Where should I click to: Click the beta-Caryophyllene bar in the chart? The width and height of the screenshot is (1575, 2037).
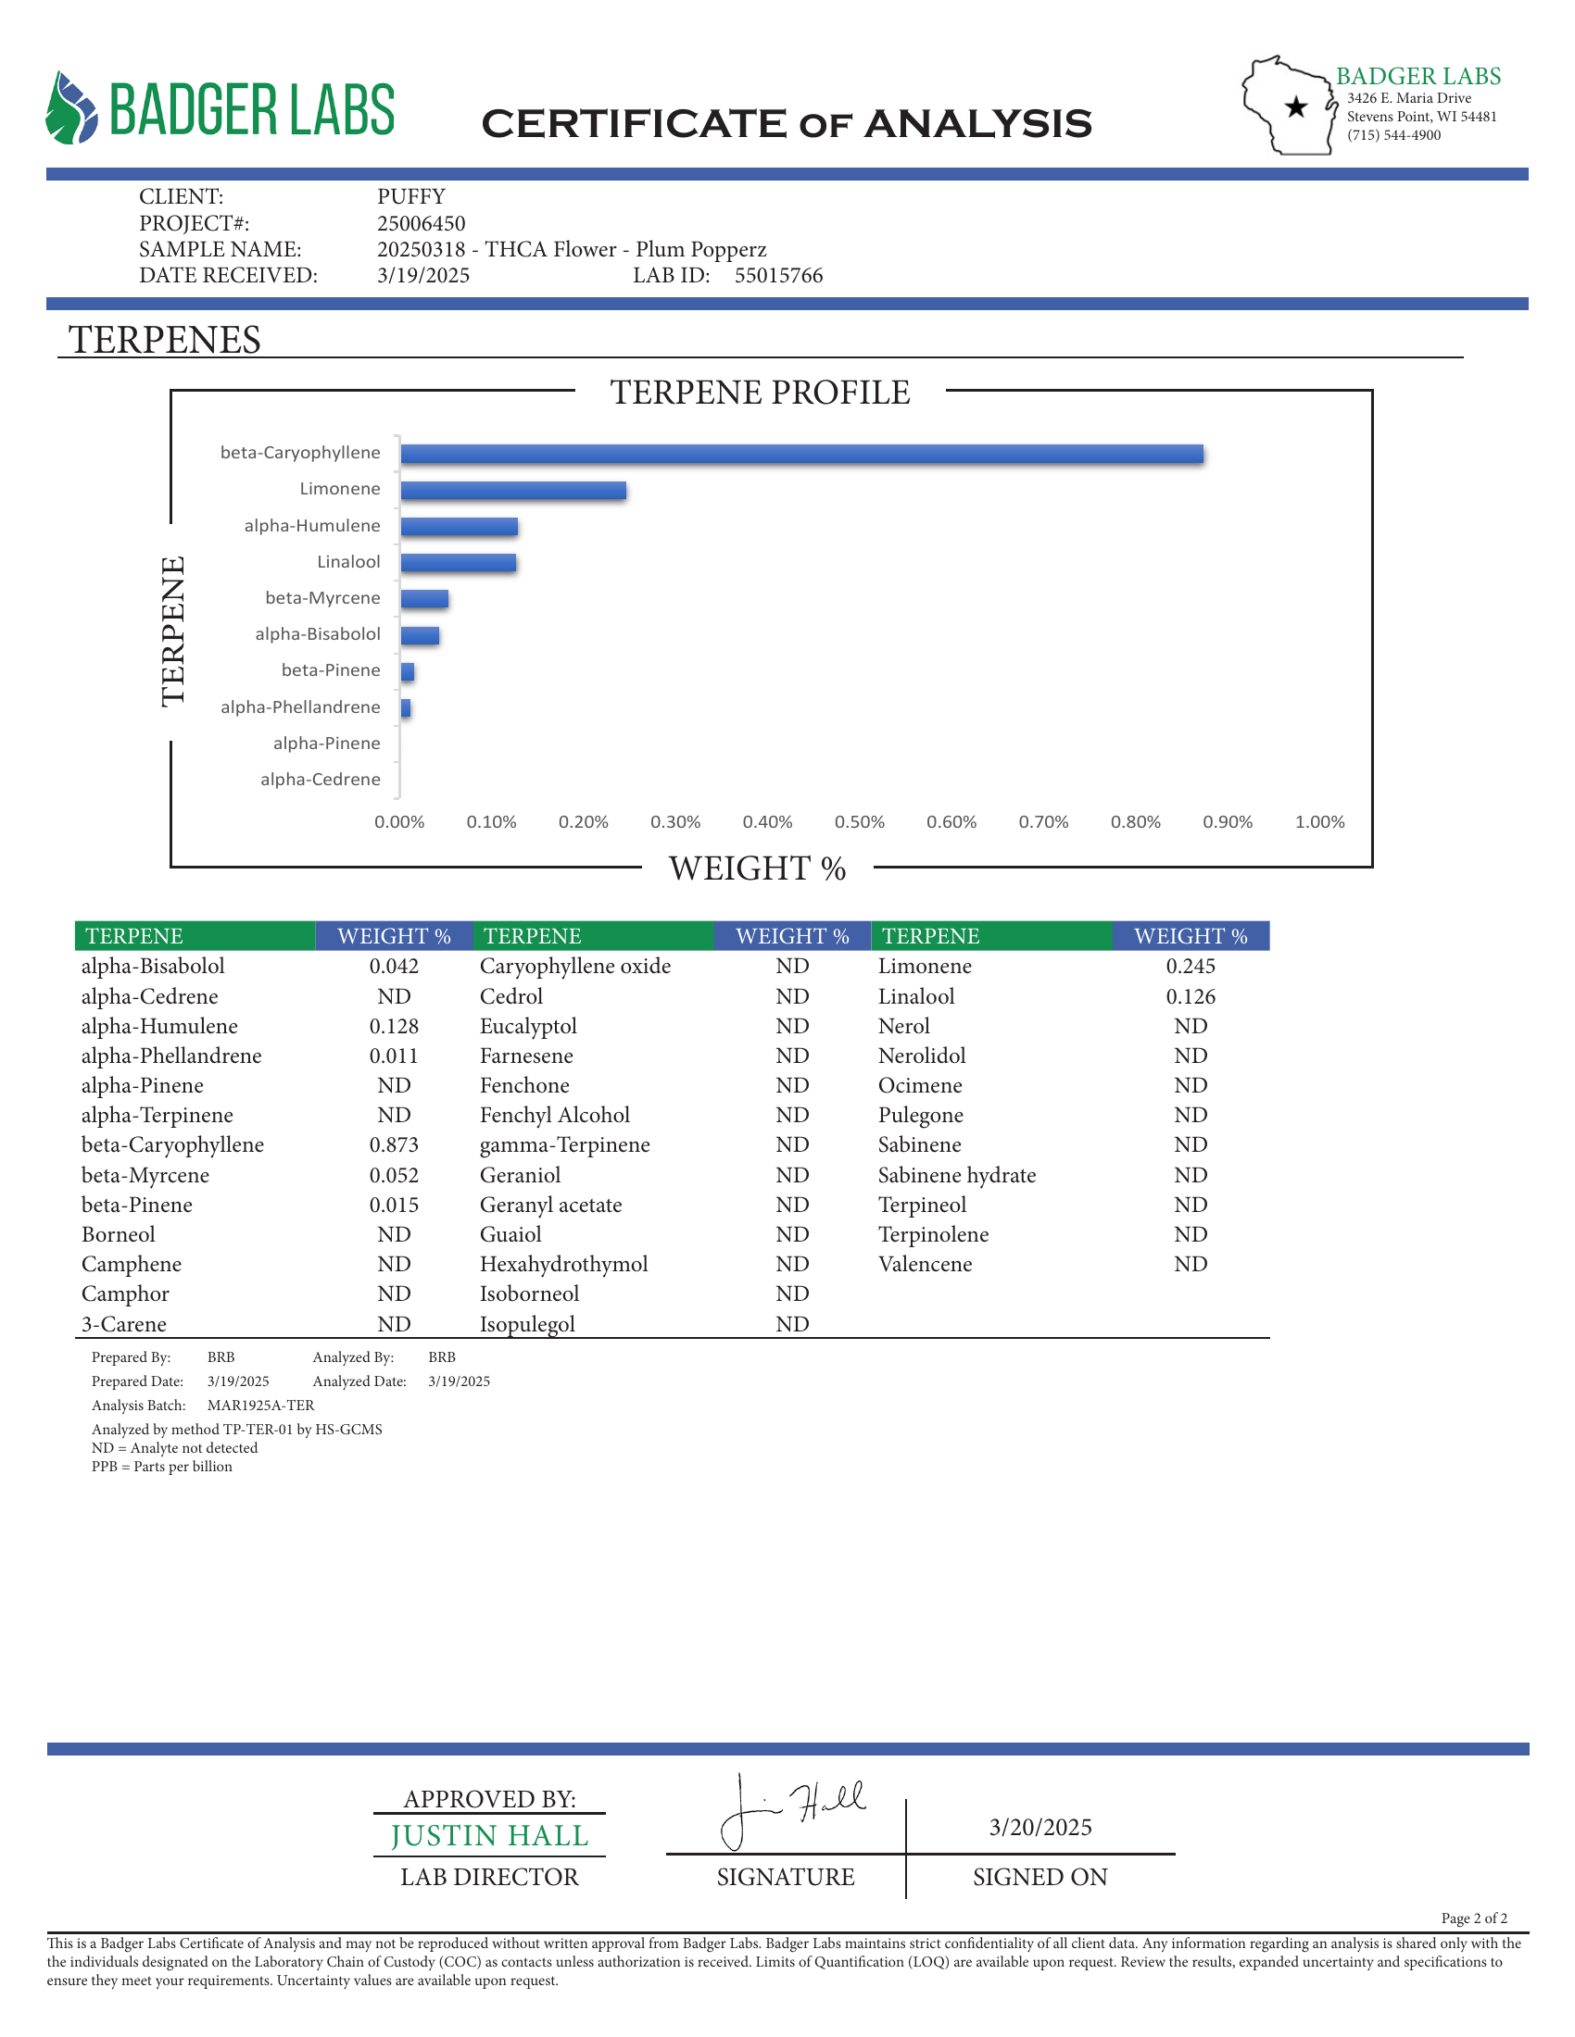coord(800,455)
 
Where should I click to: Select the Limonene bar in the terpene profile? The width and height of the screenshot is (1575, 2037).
coord(513,491)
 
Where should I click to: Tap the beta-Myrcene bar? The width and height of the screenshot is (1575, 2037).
coord(424,599)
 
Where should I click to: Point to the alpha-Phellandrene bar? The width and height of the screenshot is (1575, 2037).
coord(406,708)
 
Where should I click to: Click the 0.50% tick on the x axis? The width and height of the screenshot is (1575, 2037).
coord(860,821)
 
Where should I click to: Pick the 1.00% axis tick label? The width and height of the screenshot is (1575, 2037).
coord(1319,821)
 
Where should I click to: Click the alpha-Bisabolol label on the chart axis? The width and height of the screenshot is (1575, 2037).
coord(317,634)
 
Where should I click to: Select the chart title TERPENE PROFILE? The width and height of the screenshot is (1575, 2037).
coord(760,393)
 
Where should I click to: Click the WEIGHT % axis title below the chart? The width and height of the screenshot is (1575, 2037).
coord(757,869)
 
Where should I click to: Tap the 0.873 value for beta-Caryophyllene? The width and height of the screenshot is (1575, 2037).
coord(394,1144)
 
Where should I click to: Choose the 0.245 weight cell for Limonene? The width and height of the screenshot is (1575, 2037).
coord(1191,967)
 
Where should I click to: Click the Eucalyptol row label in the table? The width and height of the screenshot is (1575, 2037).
coord(528,1026)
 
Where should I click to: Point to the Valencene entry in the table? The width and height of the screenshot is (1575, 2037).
coord(925,1264)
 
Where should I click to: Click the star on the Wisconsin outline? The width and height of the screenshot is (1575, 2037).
coord(1296,107)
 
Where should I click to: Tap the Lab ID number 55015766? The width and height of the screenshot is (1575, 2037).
coord(778,275)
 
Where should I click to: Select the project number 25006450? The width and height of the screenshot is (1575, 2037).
coord(421,223)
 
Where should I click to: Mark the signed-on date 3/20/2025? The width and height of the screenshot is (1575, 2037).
coord(1040,1827)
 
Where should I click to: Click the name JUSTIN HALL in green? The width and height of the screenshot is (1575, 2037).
coord(490,1835)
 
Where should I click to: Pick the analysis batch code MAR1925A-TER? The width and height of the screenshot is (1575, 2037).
coord(260,1405)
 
